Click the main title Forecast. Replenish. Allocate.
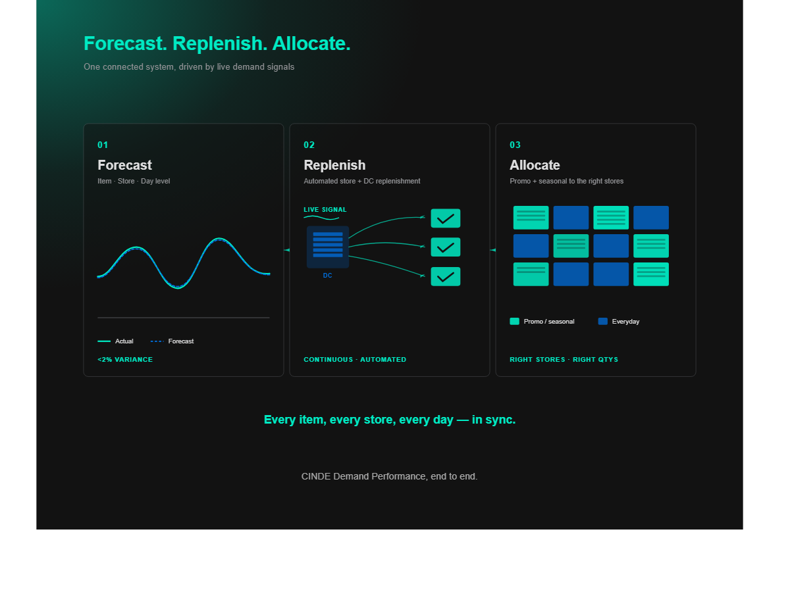217,43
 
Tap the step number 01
103,145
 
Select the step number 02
309,145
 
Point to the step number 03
515,145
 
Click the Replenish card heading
334,165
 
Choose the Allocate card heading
535,165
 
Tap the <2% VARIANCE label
125,360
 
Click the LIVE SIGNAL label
325,210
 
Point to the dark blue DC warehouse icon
327,247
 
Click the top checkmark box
445,218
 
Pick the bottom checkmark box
445,276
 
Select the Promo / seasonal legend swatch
514,322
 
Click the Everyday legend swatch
602,322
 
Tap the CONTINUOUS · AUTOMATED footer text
355,360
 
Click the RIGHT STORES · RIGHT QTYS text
564,360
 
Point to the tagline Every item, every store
389,420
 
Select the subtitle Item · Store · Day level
134,181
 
